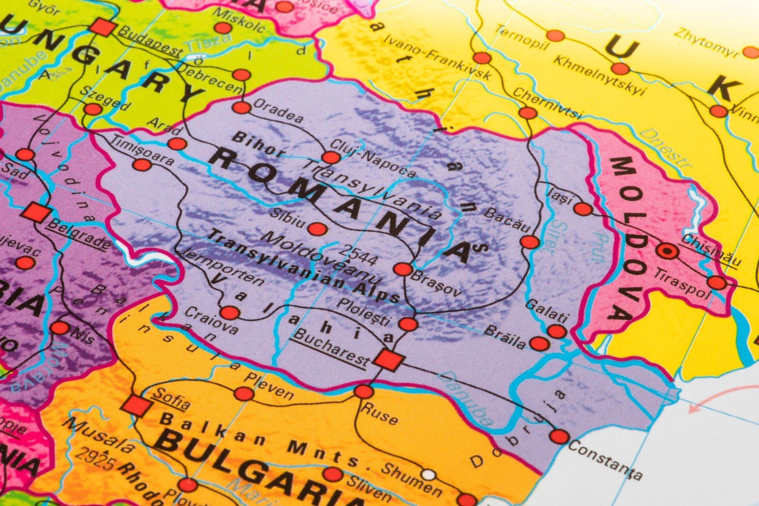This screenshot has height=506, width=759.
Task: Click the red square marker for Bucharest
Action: (388, 360)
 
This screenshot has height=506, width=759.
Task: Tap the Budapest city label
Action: (150, 41)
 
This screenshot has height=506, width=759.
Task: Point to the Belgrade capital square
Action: (36, 213)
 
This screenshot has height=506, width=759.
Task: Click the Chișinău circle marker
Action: (667, 251)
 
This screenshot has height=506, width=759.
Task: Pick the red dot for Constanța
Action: (559, 436)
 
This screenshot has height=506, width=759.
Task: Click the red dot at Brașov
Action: (403, 269)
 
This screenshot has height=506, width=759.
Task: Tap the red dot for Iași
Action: (583, 209)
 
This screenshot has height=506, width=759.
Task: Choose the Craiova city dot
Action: (230, 313)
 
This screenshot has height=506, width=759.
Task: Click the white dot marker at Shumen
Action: (428, 475)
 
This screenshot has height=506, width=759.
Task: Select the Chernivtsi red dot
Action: (527, 113)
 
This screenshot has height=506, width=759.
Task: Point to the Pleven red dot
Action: (243, 394)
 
